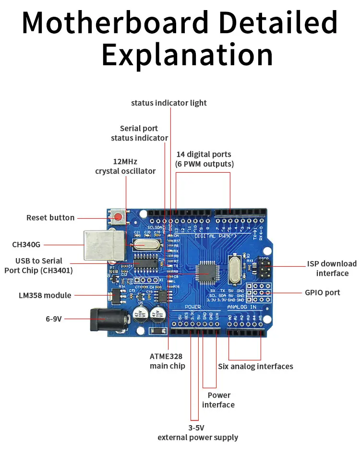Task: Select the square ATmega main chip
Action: [208, 273]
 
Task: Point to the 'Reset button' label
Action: [50, 218]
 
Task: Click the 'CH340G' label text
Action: [26, 245]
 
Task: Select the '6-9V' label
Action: [54, 318]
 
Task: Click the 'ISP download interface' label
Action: [332, 268]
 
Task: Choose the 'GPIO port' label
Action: [323, 292]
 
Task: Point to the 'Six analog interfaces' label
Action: [255, 366]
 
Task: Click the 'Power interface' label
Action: [218, 400]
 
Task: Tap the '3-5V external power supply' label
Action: [198, 432]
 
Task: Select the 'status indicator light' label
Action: [169, 103]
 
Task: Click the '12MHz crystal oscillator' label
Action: [125, 166]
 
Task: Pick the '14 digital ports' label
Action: [204, 159]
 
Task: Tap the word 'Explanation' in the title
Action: [187, 55]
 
